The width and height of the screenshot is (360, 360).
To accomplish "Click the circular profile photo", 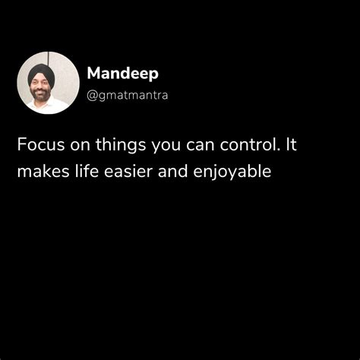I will [x=48, y=83].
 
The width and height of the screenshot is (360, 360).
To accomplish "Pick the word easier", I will [x=126, y=172].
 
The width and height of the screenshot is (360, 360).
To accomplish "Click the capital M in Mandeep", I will [x=93, y=74].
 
